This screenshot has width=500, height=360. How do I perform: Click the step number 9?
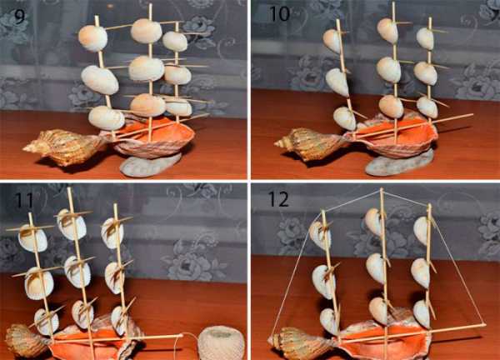point(19,16)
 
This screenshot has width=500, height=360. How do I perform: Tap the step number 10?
point(279,13)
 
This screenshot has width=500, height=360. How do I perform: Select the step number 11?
point(24,200)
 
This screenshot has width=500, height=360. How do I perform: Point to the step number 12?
point(278,199)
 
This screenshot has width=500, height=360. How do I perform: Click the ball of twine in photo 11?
point(221,343)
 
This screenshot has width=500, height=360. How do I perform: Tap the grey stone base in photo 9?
point(150,164)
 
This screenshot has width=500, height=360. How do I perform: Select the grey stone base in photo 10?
point(398,162)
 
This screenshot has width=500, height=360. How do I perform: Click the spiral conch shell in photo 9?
point(64,147)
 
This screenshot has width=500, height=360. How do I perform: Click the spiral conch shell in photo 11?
point(26,340)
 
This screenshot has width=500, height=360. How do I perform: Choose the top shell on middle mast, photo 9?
point(147,31)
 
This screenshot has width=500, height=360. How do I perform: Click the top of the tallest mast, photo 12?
point(382,189)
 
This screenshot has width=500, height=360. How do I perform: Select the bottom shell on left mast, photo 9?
point(107,118)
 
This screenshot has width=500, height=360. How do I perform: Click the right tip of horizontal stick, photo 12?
point(484,325)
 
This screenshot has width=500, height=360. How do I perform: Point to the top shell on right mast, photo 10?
point(425,38)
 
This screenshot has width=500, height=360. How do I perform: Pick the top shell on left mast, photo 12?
point(320,235)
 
